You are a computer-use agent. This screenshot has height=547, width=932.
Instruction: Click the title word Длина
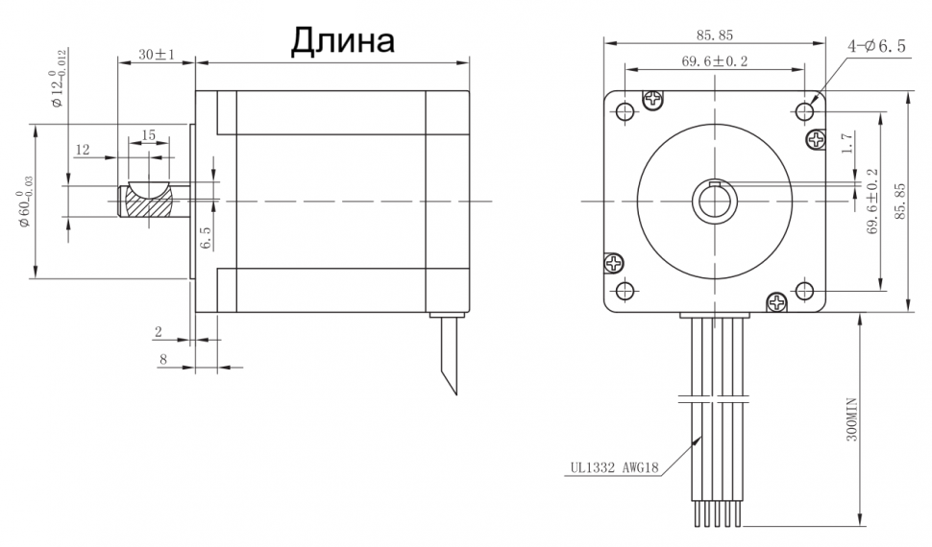coord(343,40)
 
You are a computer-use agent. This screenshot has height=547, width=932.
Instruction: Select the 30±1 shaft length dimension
coord(155,55)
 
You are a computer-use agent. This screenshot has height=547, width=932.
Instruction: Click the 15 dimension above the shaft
coord(149,135)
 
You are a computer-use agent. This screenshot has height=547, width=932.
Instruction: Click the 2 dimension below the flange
coord(159,332)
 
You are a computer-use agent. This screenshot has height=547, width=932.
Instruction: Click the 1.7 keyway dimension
coord(846,144)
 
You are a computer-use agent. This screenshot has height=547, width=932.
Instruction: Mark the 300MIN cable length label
coord(849,421)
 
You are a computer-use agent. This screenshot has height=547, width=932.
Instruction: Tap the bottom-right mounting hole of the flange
coord(804,290)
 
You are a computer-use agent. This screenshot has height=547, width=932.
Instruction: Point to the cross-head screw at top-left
coord(652,99)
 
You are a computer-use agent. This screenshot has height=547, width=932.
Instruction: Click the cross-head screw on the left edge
coord(612,263)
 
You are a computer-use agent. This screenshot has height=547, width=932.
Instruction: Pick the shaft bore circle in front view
coord(715,202)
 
